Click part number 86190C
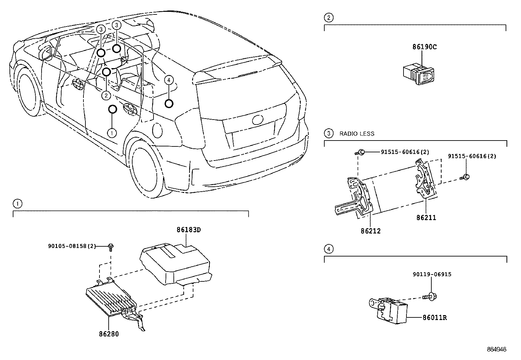(x=424, y=47)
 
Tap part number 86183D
(x=189, y=230)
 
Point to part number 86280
(x=109, y=334)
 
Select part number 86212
(x=371, y=231)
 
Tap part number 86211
(x=426, y=218)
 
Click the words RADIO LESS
(x=357, y=134)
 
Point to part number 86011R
(x=435, y=317)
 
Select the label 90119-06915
(x=432, y=274)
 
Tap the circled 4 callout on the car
(x=168, y=80)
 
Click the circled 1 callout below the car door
(x=112, y=133)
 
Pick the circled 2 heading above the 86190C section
(x=328, y=18)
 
